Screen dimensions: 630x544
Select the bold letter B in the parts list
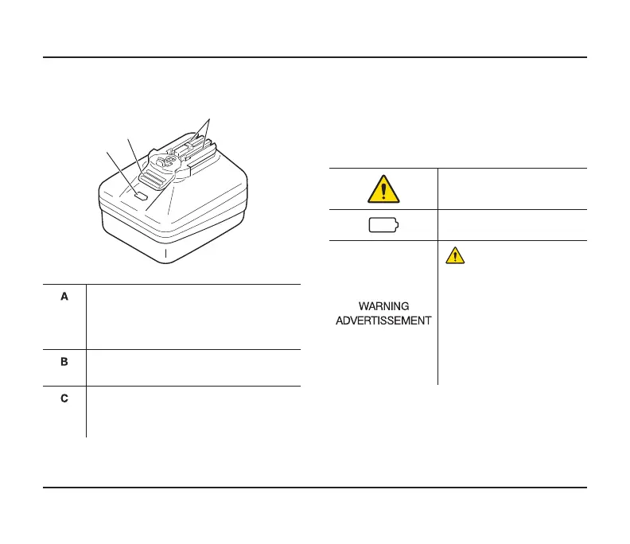tap(66, 361)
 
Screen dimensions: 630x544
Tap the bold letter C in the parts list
tap(66, 398)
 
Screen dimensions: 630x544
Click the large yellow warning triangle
tap(383, 188)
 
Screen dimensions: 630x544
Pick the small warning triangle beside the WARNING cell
tap(454, 255)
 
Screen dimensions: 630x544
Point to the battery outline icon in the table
tap(383, 225)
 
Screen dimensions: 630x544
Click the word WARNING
tap(383, 306)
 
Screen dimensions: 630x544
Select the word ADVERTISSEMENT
tap(383, 321)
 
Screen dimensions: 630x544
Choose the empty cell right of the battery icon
tap(511, 225)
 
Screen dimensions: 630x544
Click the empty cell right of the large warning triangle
tap(511, 188)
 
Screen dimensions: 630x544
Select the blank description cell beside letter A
tap(193, 316)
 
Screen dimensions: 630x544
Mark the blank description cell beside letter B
tap(193, 367)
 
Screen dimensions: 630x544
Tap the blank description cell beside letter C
tap(193, 411)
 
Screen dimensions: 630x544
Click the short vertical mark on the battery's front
tap(165, 255)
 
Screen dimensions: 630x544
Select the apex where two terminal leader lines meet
tap(208, 119)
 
